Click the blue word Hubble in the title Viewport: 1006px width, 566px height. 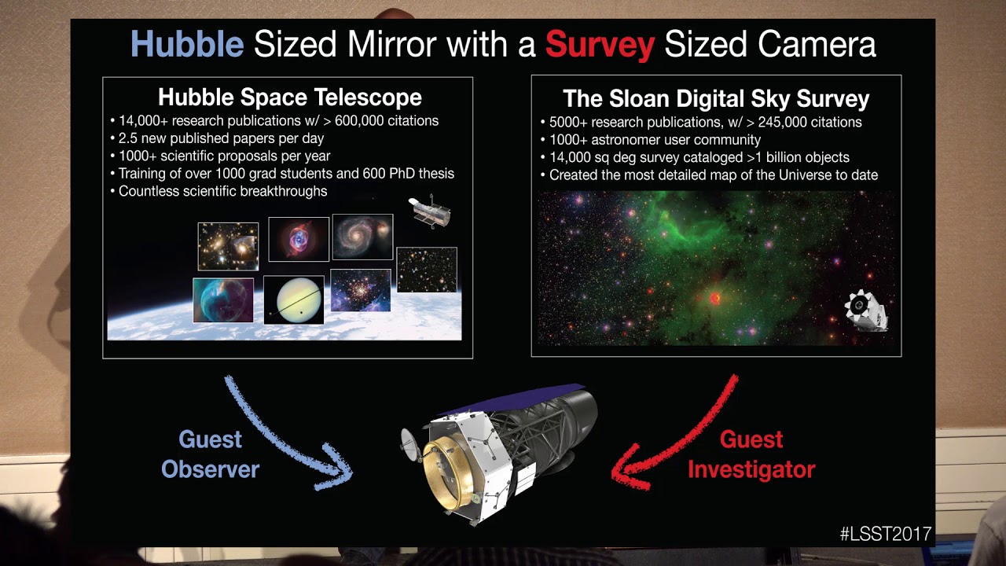click(x=186, y=45)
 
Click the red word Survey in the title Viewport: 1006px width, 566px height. click(x=600, y=45)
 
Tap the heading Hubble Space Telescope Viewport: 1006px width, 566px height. click(x=289, y=97)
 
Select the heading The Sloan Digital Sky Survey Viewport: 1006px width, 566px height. click(x=716, y=99)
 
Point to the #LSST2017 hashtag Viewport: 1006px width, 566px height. click(x=885, y=534)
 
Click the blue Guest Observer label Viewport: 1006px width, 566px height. click(x=210, y=454)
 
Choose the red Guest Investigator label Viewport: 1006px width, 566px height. click(x=751, y=454)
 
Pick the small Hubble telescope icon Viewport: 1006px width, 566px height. click(x=430, y=212)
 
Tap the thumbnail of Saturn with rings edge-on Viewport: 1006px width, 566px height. click(x=293, y=300)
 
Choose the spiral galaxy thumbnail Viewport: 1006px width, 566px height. click(x=362, y=237)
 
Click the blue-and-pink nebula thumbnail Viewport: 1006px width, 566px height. click(x=299, y=239)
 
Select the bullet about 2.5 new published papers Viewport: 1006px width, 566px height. click(x=221, y=138)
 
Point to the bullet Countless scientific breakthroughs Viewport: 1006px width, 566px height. click(x=222, y=191)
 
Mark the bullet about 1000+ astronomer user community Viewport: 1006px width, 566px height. click(x=655, y=139)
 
